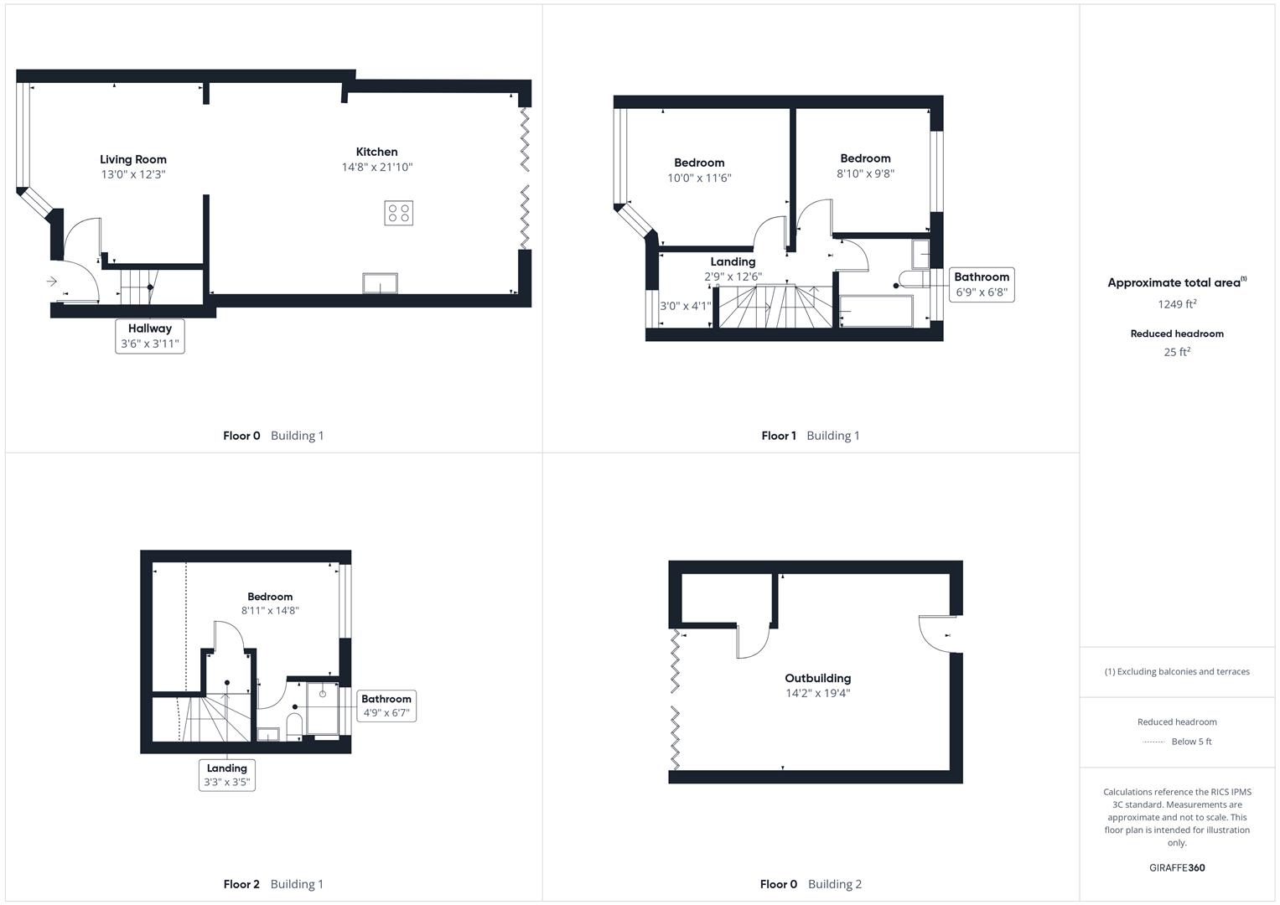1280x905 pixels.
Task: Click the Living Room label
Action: click(133, 159)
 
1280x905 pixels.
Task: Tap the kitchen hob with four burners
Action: click(399, 213)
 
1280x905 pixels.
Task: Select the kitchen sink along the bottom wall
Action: click(381, 283)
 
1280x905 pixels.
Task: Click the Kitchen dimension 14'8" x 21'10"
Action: click(377, 167)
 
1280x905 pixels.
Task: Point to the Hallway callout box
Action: click(150, 336)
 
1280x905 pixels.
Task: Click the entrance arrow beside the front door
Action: click(52, 282)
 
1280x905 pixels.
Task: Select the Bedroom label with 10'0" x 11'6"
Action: click(699, 163)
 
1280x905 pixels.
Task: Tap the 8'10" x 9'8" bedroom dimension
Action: click(865, 173)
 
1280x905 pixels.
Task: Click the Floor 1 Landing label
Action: click(733, 261)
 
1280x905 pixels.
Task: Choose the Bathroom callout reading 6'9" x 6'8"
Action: click(982, 285)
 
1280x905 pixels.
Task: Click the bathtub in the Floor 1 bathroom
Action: click(876, 311)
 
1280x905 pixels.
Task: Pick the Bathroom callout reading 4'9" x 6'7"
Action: click(386, 706)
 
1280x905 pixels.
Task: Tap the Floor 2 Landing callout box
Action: click(227, 775)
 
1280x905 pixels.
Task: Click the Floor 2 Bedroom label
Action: click(270, 597)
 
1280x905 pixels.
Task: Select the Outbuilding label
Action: click(817, 678)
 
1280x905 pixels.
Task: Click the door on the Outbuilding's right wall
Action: click(937, 633)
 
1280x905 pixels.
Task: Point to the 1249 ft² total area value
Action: click(1177, 304)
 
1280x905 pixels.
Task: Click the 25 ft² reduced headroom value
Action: click(1177, 352)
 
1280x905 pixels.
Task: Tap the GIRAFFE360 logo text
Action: click(1177, 867)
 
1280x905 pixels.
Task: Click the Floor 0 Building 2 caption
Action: click(811, 884)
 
